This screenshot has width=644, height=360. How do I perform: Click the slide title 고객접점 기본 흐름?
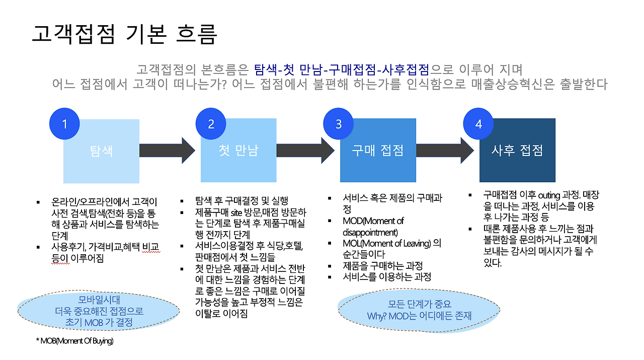tap(124, 34)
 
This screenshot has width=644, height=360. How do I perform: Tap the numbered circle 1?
tap(65, 124)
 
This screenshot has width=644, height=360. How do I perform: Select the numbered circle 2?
tap(211, 124)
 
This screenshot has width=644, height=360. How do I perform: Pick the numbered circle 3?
tap(339, 124)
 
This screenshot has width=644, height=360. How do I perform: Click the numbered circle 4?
tap(478, 124)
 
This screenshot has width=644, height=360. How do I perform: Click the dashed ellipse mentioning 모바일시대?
tap(99, 310)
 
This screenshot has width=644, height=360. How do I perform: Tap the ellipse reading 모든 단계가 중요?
tap(420, 310)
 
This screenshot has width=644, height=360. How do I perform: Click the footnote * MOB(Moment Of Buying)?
tap(74, 341)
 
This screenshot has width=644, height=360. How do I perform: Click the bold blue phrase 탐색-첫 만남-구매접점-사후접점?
tap(342, 69)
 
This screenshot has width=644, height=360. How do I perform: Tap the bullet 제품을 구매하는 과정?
tap(382, 266)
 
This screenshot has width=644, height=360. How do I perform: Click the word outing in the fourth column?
tap(552, 195)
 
